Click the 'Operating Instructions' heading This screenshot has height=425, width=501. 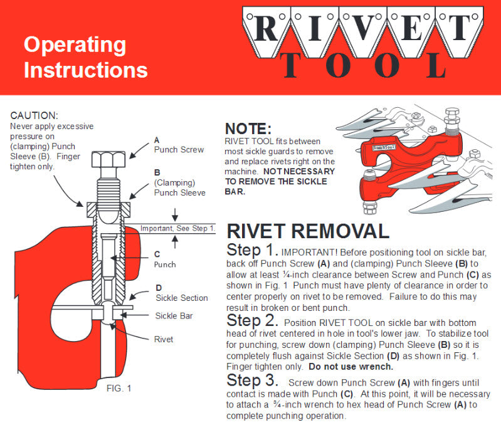(85, 57)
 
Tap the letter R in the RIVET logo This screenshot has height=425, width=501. (266, 27)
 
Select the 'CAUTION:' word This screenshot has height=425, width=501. (34, 116)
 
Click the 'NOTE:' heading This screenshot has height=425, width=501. (248, 129)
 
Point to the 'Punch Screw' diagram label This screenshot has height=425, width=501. (179, 150)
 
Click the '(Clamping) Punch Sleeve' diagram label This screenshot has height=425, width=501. (179, 187)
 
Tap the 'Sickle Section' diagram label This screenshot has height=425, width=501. (181, 297)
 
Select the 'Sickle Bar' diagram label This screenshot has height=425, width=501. (174, 316)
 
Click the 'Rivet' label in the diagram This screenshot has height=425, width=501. (164, 339)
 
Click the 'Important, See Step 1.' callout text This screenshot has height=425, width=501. (177, 228)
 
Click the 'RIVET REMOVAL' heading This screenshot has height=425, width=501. (307, 231)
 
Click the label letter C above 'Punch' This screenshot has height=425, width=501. (157, 254)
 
